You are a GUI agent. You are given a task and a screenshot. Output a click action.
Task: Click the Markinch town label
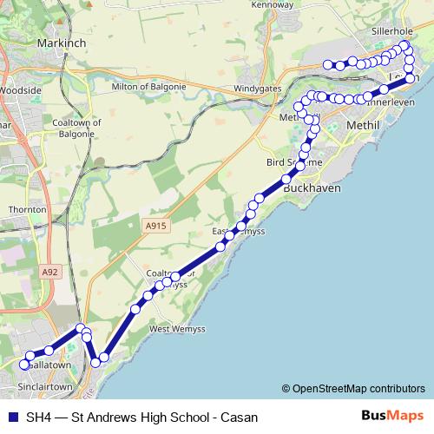coord(60,42)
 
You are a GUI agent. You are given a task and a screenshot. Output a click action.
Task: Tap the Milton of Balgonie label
coord(149,87)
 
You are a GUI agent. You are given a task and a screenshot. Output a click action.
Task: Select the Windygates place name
coord(257,89)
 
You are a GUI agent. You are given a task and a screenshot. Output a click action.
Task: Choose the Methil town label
coord(364,126)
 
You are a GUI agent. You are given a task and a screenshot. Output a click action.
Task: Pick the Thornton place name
coord(27,210)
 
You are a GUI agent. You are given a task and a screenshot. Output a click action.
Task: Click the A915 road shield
coord(155,226)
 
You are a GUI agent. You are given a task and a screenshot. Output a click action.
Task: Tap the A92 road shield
coord(50,272)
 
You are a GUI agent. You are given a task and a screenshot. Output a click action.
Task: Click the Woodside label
coord(20,89)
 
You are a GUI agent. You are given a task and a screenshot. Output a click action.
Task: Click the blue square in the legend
coord(12,417)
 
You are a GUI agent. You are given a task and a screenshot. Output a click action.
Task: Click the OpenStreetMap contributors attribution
coord(359,388)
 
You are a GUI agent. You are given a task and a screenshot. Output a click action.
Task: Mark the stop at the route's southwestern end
coord(24,365)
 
